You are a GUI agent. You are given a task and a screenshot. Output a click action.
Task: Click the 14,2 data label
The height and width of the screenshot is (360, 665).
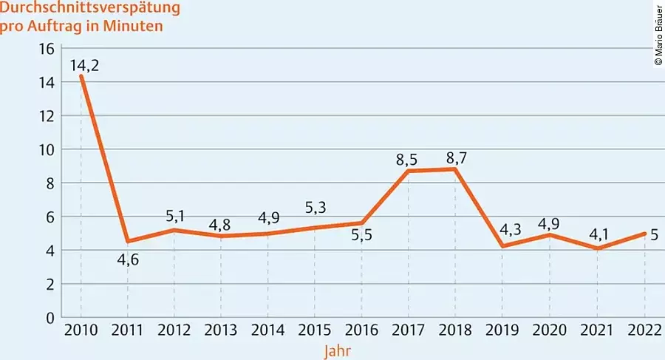click(85, 64)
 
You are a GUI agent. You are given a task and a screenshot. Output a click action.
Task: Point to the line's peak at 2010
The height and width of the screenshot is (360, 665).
click(81, 76)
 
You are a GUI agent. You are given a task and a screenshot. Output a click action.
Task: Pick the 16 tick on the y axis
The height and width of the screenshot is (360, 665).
click(47, 49)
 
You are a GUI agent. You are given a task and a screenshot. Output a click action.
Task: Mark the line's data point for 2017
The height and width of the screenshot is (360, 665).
click(409, 171)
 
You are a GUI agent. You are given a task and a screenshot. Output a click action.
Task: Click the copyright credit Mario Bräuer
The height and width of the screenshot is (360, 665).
click(658, 35)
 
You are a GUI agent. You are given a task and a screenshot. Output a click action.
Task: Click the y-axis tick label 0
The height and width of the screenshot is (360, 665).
click(50, 317)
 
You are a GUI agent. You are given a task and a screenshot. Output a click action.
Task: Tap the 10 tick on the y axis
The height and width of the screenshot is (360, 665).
click(47, 149)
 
